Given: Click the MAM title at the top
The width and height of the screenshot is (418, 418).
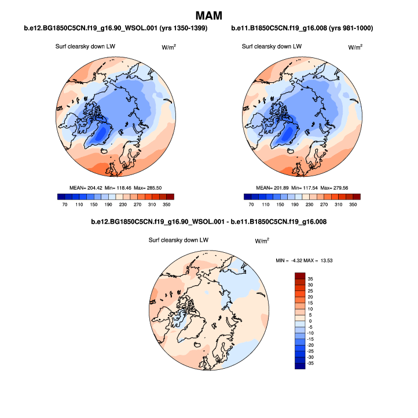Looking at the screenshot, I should pos(208,14).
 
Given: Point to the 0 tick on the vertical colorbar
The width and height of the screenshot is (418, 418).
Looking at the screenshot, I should pos(310,321).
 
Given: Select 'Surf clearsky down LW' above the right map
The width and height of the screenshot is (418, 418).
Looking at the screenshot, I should pos(272,46).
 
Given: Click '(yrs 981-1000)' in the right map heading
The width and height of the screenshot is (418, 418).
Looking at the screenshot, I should pos(348,28).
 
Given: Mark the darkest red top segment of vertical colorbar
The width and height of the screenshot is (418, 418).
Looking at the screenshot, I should pos(299,275).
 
